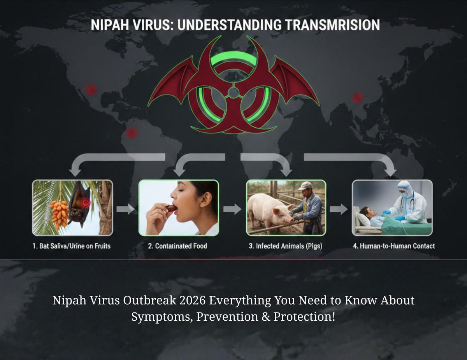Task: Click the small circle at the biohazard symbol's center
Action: click(x=233, y=93)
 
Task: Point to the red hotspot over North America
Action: click(x=91, y=90)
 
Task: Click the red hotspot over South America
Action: click(x=132, y=133)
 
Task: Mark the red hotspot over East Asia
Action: click(x=357, y=97)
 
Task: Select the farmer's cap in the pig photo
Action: click(x=305, y=186)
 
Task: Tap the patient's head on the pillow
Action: click(x=364, y=212)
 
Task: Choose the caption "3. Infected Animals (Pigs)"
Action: click(x=286, y=246)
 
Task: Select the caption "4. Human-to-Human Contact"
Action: click(x=393, y=246)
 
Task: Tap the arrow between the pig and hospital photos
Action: click(x=339, y=209)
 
